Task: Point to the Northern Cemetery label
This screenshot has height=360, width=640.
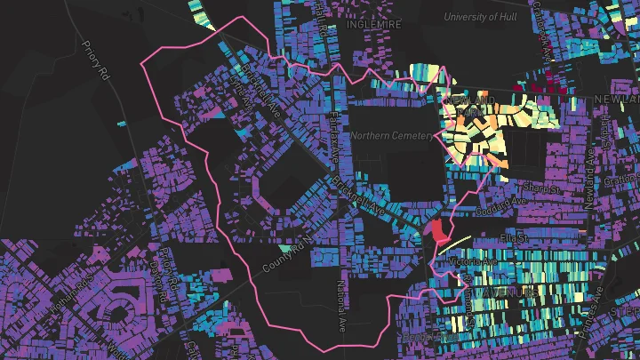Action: [x=391, y=136]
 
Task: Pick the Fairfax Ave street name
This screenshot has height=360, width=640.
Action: [x=336, y=142]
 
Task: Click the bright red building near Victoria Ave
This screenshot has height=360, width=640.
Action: [x=438, y=231]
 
